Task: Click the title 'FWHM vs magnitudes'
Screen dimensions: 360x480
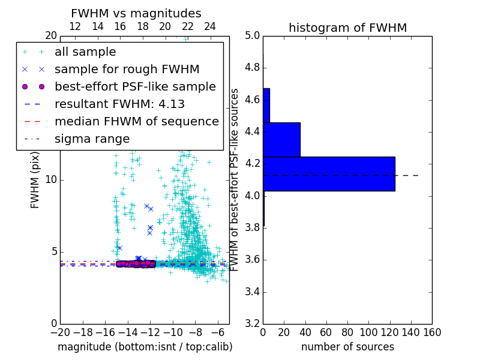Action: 136,13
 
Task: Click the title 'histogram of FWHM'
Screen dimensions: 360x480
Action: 347,28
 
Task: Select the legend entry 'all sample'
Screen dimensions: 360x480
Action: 85,52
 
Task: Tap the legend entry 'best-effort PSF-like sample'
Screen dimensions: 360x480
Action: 135,86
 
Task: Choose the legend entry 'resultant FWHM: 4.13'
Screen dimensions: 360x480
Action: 119,104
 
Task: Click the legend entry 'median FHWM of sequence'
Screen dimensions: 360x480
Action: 136,121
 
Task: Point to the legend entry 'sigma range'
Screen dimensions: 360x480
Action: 92,139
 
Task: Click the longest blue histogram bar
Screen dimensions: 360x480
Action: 329,174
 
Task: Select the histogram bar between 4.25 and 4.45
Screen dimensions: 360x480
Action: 281,140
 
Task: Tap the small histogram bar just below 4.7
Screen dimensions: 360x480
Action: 266,106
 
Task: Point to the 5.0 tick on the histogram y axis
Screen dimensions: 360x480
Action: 251,35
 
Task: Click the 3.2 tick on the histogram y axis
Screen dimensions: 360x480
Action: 251,323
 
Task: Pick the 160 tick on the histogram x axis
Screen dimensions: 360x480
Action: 431,332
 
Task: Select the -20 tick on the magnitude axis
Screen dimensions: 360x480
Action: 60,332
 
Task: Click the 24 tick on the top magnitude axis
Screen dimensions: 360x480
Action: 210,26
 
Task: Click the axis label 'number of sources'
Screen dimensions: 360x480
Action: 347,347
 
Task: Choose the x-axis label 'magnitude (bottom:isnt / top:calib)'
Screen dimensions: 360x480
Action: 145,347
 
